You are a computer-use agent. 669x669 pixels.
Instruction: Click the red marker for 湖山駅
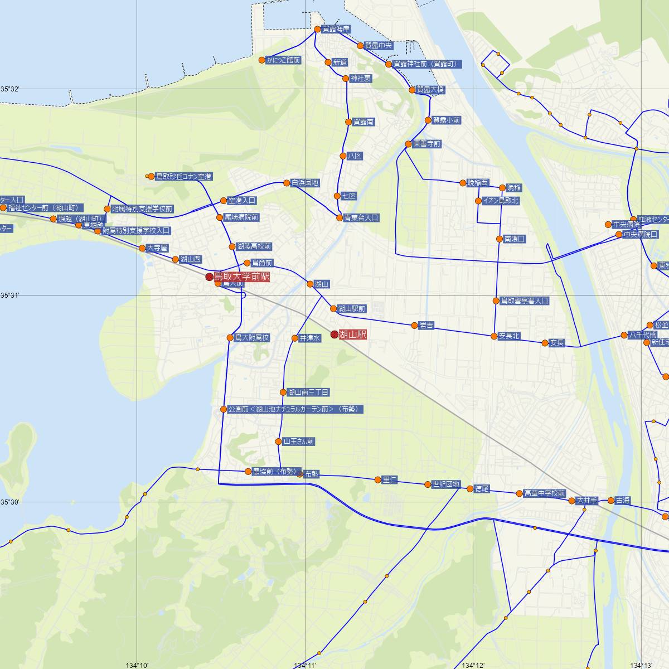click(x=334, y=334)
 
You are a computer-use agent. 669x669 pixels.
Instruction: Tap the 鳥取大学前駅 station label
click(x=242, y=277)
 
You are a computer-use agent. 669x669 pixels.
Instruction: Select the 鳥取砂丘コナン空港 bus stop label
click(x=183, y=177)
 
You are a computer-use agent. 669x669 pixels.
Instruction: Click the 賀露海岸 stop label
click(x=336, y=29)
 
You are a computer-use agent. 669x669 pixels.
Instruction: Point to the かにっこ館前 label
click(x=283, y=60)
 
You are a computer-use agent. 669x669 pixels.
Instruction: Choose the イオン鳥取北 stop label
click(x=501, y=201)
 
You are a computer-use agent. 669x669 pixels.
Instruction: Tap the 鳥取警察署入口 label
click(x=524, y=301)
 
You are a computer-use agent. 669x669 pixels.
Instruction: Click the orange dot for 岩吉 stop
click(x=414, y=326)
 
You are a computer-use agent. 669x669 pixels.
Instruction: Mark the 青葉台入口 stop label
click(x=361, y=218)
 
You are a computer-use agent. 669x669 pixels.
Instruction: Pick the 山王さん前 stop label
click(x=298, y=442)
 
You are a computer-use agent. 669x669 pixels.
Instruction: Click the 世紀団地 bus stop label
click(x=446, y=484)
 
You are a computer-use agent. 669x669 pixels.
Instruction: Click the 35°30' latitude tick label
click(x=10, y=502)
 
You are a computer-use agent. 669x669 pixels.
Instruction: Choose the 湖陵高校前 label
click(x=254, y=246)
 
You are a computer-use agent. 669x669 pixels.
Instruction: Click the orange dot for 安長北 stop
click(x=494, y=336)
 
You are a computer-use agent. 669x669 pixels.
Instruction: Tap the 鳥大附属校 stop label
click(x=252, y=337)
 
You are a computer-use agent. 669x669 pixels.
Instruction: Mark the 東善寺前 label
click(x=426, y=144)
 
